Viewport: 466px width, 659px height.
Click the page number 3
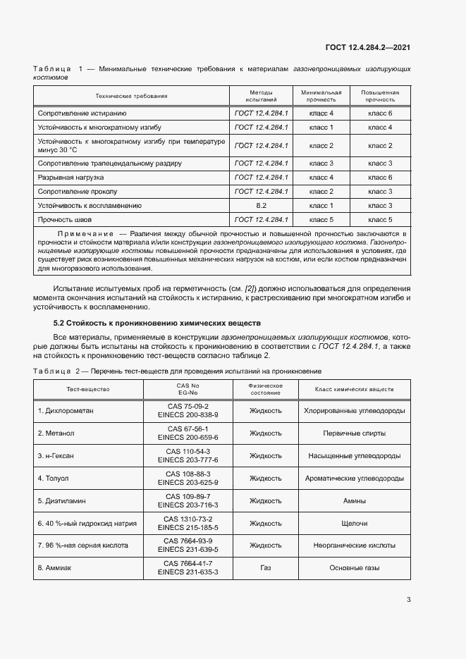pyautogui.click(x=408, y=600)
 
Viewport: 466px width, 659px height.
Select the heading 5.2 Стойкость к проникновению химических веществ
pyautogui.click(x=152, y=323)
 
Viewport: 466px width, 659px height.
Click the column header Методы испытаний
pyautogui.click(x=261, y=96)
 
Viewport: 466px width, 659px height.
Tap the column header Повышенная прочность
pyautogui.click(x=380, y=96)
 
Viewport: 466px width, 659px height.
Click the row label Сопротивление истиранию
pyautogui.click(x=82, y=113)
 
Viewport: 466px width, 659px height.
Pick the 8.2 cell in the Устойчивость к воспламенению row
pyautogui.click(x=261, y=205)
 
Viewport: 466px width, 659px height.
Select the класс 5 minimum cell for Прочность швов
pyautogui.click(x=321, y=220)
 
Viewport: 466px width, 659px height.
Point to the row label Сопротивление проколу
pyautogui.click(x=78, y=191)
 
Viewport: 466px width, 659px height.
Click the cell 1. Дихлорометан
pyautogui.click(x=69, y=410)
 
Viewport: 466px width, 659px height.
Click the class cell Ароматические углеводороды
pyautogui.click(x=354, y=479)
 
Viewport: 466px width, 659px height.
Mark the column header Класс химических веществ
pyautogui.click(x=354, y=389)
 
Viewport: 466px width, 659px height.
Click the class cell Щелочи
pyautogui.click(x=354, y=524)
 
